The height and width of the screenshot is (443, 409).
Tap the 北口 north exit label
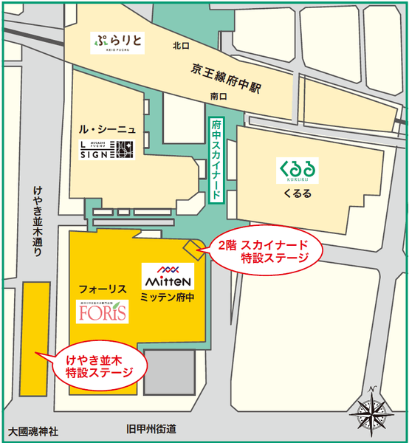pos(181,46)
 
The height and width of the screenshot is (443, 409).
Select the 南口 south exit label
pos(218,96)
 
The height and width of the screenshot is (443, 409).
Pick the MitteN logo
pos(168,277)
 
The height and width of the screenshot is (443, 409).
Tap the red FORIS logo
pos(103,313)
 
